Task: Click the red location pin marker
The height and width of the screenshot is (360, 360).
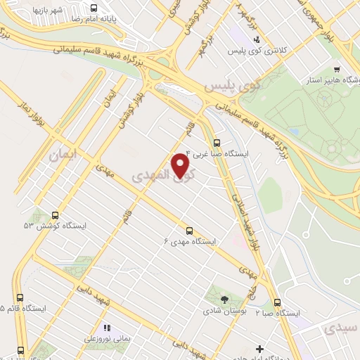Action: pyautogui.click(x=181, y=165)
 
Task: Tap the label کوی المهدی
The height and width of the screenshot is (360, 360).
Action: pyautogui.click(x=160, y=174)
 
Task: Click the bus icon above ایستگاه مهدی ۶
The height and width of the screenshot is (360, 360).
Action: pyautogui.click(x=188, y=230)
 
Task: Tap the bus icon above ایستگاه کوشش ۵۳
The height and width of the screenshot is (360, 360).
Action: pyautogui.click(x=55, y=215)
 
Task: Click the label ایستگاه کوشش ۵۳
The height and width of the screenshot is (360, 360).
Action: pyautogui.click(x=49, y=226)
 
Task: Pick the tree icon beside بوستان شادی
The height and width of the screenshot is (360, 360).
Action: pyautogui.click(x=224, y=300)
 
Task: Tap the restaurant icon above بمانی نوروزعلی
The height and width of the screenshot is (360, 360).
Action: pyautogui.click(x=107, y=328)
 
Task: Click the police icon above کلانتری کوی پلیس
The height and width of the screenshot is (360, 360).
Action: pyautogui.click(x=257, y=39)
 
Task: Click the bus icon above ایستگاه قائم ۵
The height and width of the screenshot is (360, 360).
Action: pyautogui.click(x=20, y=297)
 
